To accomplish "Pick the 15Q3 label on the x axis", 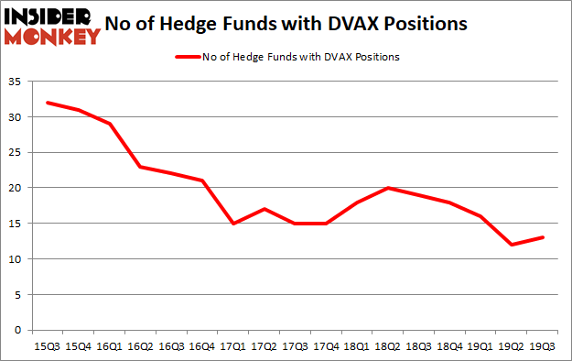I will (47, 345).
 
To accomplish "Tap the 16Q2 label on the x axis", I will (139, 345).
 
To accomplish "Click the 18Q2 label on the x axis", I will (388, 345).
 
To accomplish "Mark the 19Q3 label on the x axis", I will (543, 345).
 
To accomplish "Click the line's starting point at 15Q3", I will (47, 103).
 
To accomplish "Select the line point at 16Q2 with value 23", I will (139, 167).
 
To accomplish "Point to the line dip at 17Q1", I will (233, 224).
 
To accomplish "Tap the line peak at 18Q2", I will (388, 188).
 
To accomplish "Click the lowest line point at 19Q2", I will (513, 245).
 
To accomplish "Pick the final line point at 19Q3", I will (544, 237).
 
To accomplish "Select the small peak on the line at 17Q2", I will (264, 209).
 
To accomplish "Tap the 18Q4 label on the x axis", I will (450, 345).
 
